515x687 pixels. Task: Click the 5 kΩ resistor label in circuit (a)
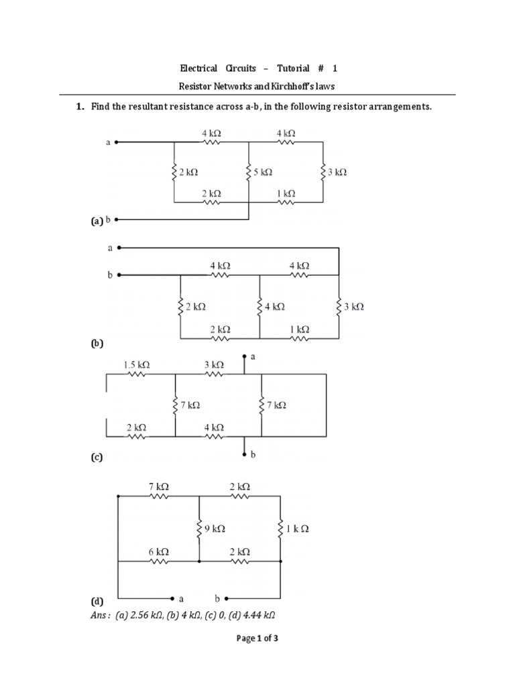click(x=263, y=172)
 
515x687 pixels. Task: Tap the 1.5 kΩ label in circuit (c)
click(x=136, y=365)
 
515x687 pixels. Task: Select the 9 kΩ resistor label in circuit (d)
click(x=215, y=529)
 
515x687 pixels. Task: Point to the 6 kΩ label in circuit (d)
click(x=158, y=551)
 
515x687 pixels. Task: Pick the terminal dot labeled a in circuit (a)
click(x=118, y=142)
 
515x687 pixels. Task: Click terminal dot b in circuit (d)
click(x=227, y=597)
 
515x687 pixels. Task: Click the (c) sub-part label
click(x=97, y=458)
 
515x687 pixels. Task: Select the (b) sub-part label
click(x=97, y=343)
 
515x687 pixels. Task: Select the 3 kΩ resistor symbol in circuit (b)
click(x=339, y=306)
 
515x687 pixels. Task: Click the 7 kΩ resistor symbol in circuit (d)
click(x=158, y=497)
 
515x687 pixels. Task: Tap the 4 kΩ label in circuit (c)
click(x=214, y=427)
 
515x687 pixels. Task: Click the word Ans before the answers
click(x=99, y=614)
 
